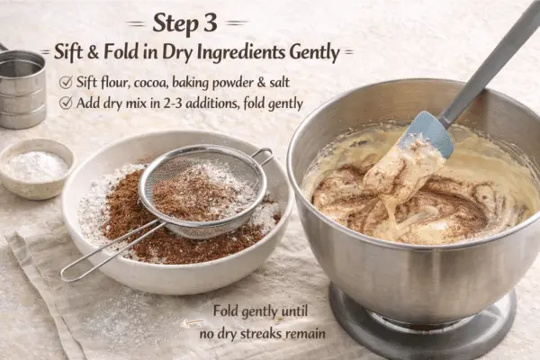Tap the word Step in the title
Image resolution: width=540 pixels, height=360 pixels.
point(175,24)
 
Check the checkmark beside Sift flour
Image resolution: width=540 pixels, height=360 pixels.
point(66,82)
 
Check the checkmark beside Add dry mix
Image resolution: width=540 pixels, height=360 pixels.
point(66,103)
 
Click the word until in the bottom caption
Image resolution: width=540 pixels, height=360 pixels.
point(293,311)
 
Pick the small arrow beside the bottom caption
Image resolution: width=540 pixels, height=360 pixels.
point(193,323)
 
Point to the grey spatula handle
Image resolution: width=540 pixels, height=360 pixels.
point(490,63)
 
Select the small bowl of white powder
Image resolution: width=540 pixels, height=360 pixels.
point(36,168)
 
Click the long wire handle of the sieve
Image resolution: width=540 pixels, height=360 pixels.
point(111,251)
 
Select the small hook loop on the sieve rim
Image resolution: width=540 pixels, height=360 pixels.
point(264,156)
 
